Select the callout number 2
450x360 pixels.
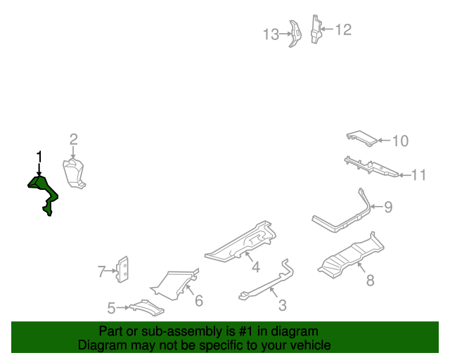[74, 139]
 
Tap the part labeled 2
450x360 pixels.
[74, 173]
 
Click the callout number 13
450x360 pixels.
[271, 34]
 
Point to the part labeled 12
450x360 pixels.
[316, 29]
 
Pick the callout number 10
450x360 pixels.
[400, 141]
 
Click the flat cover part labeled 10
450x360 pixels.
[361, 139]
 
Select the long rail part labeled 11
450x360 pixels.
[371, 167]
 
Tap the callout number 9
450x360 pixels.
[388, 207]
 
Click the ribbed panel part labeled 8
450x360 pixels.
[352, 255]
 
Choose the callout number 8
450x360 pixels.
[371, 280]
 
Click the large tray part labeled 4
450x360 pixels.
[241, 242]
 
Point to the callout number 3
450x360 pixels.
[283, 305]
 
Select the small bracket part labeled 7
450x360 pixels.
[122, 269]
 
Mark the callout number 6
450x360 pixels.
[199, 300]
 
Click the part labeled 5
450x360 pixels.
[147, 308]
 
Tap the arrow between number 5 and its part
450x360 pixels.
[123, 307]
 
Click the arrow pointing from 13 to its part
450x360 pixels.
[285, 34]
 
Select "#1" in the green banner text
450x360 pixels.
[245, 331]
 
